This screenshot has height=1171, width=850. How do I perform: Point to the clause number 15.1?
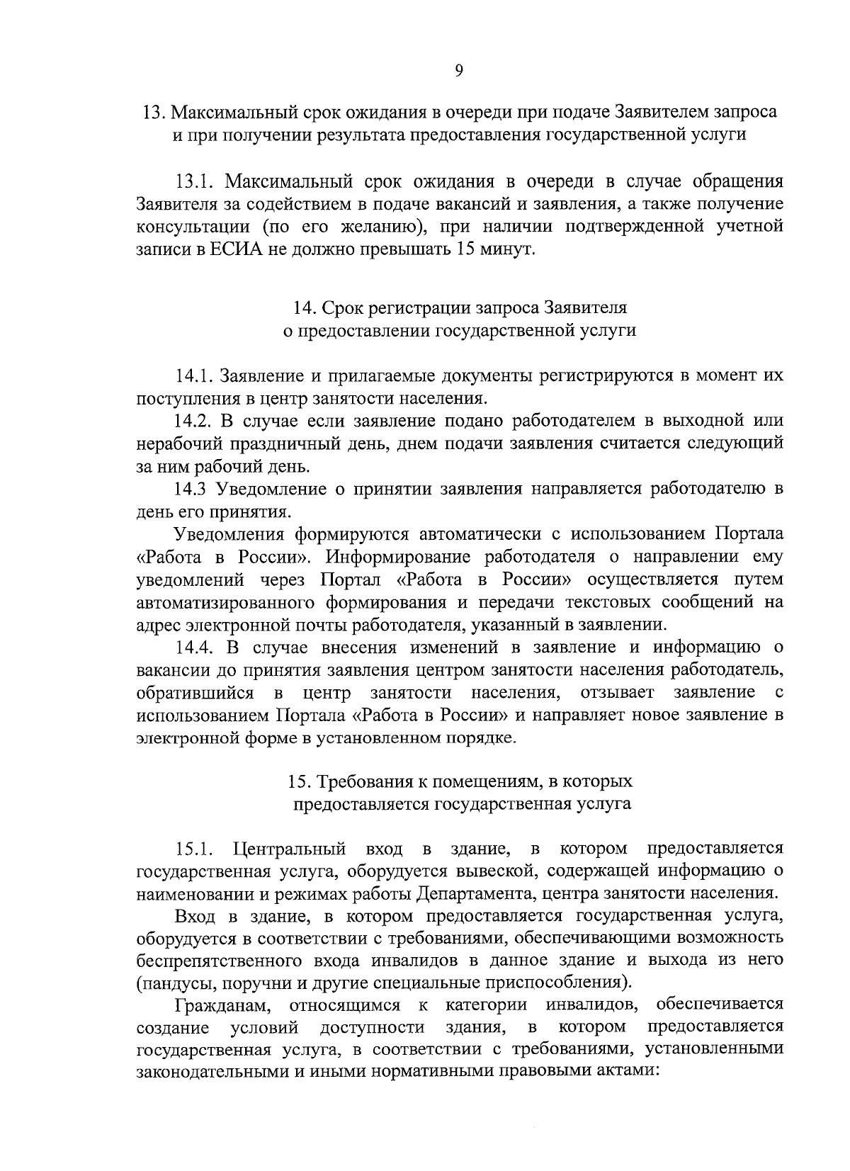point(195,848)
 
